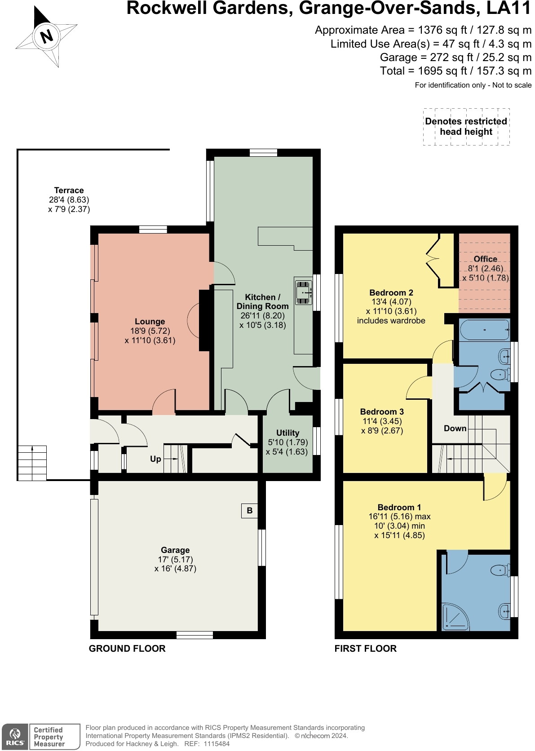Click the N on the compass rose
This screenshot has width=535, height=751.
click(x=46, y=36)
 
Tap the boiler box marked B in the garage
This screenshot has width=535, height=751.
click(x=249, y=511)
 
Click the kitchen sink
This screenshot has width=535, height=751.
click(x=303, y=292)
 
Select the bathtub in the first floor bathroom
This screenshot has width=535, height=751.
click(x=484, y=330)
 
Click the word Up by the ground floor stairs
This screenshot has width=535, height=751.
click(x=155, y=459)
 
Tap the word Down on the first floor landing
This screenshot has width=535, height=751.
click(x=455, y=429)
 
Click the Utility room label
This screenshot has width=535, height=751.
click(x=287, y=433)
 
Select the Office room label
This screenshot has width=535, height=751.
click(x=485, y=259)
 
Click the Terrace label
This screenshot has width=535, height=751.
click(x=69, y=190)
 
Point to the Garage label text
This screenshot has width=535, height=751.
click(x=175, y=550)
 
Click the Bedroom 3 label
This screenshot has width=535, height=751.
click(x=382, y=412)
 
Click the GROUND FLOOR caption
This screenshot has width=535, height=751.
click(x=127, y=649)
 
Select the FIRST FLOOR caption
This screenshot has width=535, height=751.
click(x=365, y=649)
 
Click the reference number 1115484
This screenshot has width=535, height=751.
click(x=217, y=744)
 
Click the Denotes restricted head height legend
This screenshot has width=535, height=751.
click(x=466, y=126)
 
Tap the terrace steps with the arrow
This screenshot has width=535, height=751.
click(x=32, y=463)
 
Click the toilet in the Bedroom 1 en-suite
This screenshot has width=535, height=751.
click(x=500, y=569)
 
